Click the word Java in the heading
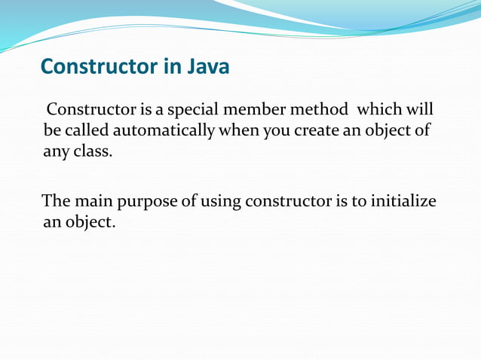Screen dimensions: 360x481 click(x=206, y=68)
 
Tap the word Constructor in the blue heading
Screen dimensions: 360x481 click(x=99, y=68)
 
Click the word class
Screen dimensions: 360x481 click(x=93, y=151)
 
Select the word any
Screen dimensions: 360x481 click(x=57, y=151)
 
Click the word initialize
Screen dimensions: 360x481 click(x=403, y=202)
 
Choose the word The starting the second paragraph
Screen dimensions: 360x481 click(x=56, y=202)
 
